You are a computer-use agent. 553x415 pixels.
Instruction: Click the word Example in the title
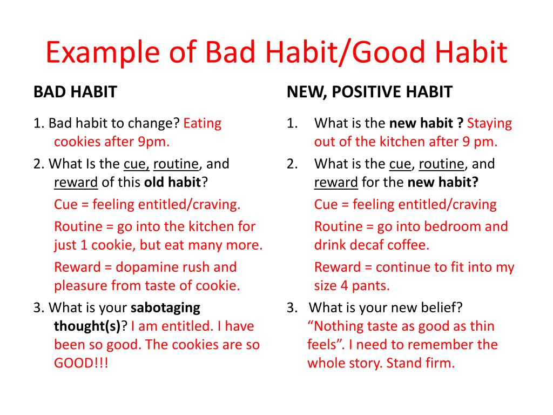103,52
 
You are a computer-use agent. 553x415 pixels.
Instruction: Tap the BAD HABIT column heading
75,92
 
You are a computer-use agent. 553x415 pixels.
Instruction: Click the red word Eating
203,124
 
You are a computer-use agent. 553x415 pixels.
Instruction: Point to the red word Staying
489,124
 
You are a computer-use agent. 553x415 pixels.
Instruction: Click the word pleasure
81,286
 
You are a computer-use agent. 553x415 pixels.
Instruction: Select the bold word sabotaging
165,308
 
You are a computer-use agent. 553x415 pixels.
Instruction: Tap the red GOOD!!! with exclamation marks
81,363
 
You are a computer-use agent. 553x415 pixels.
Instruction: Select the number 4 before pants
344,285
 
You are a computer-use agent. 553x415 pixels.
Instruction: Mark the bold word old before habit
154,183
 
